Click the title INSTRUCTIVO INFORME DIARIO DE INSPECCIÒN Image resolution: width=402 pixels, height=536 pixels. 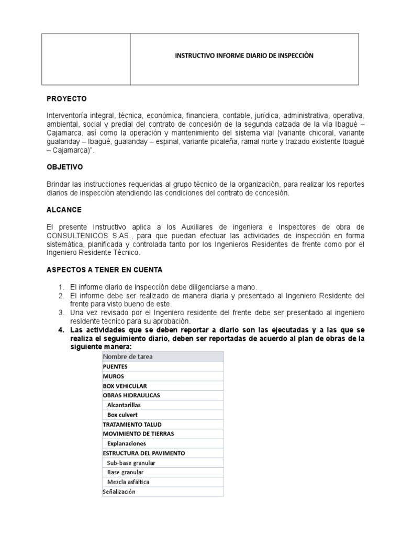(x=244, y=56)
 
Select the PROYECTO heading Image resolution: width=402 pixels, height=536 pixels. (x=67, y=98)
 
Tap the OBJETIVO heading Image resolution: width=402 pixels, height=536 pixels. (x=65, y=166)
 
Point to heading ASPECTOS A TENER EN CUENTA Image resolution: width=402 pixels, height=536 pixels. (x=105, y=270)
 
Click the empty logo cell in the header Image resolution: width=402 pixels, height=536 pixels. (x=86, y=59)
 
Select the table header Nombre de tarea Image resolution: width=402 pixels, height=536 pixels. (x=129, y=356)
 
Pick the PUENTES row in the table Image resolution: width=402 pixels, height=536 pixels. (x=116, y=366)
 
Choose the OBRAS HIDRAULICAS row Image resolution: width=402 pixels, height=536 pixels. (x=131, y=395)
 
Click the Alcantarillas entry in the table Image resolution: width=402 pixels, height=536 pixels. (x=124, y=405)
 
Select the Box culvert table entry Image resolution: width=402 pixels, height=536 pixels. (x=122, y=415)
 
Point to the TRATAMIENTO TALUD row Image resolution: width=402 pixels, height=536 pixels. (x=132, y=424)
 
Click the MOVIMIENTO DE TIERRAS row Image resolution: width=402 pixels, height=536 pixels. (x=138, y=433)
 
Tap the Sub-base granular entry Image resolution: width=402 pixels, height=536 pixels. (x=131, y=463)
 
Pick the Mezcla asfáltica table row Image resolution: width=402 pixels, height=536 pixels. (x=128, y=482)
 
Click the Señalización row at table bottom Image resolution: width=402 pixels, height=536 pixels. (x=119, y=492)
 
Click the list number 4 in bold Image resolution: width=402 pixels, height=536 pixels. (x=60, y=330)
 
